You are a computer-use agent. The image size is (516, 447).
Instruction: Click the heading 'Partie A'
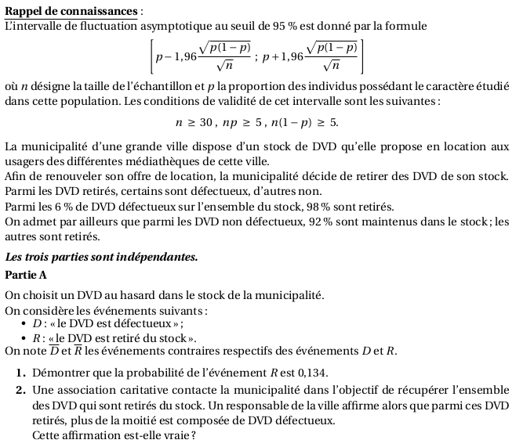(x=26, y=275)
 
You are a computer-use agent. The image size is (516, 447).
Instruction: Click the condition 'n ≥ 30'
(x=194, y=122)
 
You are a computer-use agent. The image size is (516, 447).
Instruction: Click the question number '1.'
(x=20, y=373)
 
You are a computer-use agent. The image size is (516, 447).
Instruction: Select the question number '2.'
(x=20, y=390)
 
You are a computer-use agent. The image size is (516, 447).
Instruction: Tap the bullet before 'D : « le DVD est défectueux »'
(x=25, y=324)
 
